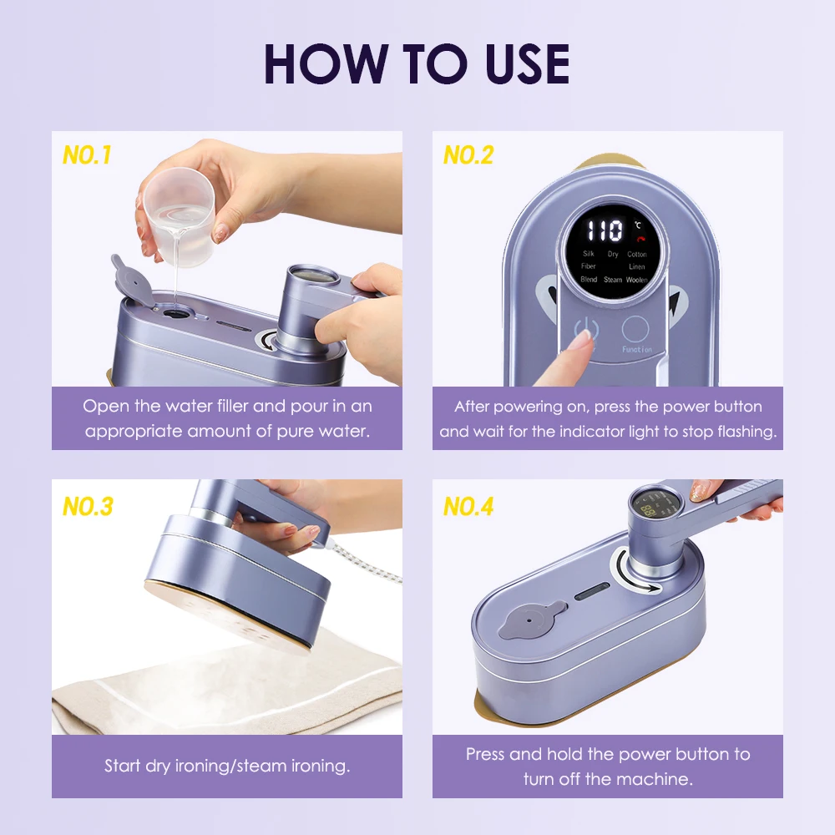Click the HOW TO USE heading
pyautogui.click(x=417, y=64)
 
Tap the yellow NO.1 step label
pyautogui.click(x=87, y=155)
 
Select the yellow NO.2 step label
pyautogui.click(x=468, y=155)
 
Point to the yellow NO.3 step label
pyautogui.click(x=88, y=507)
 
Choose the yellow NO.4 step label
pyautogui.click(x=468, y=507)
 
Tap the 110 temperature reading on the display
pyautogui.click(x=605, y=231)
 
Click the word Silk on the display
pyautogui.click(x=588, y=254)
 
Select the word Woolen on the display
pyautogui.click(x=637, y=280)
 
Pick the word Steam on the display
pyautogui.click(x=612, y=280)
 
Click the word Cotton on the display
pyautogui.click(x=637, y=254)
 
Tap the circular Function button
pyautogui.click(x=635, y=329)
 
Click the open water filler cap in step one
pyautogui.click(x=130, y=281)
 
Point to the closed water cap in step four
pyautogui.click(x=531, y=619)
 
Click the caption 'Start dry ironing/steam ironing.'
pyautogui.click(x=227, y=766)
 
